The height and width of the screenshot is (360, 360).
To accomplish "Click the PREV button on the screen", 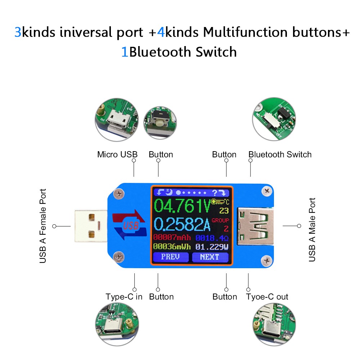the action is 171,257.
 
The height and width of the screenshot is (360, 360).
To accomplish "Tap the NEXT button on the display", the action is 210,257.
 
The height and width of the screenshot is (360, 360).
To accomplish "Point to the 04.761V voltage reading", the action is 182,206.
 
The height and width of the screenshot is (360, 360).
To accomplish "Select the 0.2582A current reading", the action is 182,224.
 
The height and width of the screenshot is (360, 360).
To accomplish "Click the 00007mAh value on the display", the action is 172,237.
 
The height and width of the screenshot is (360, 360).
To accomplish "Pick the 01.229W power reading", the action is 212,247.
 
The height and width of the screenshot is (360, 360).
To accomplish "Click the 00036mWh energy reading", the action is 172,247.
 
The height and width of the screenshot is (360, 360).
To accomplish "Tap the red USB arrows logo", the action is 130,225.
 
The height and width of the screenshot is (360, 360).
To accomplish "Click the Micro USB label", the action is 117,154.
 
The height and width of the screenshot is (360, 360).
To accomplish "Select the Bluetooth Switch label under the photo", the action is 280,154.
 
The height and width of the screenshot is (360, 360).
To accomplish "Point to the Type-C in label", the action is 124,297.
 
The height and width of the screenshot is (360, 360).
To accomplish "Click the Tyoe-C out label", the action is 267,297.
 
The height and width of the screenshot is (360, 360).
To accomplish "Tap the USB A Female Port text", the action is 43,226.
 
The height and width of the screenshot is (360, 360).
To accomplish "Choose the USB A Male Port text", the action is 312,230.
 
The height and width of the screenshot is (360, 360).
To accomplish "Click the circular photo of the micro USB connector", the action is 117,120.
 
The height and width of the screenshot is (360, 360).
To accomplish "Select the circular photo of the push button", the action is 160,123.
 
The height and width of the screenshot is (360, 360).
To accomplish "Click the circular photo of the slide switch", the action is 274,119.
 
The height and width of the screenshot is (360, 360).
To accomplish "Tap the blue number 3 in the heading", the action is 18,32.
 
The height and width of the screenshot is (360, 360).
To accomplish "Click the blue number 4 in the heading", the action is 161,32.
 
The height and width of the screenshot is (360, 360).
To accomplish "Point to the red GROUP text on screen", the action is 220,220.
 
